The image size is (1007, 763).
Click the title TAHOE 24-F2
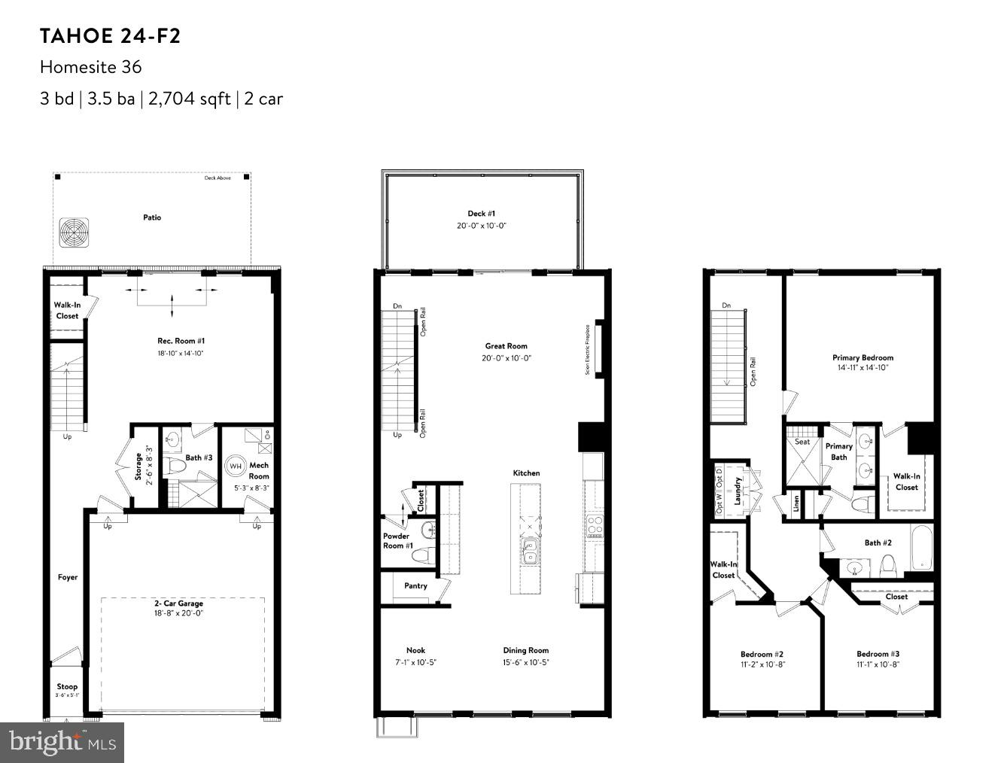(x=110, y=36)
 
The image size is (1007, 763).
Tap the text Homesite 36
(x=90, y=67)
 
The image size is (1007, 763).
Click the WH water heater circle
(x=236, y=466)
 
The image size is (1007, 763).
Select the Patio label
(x=152, y=217)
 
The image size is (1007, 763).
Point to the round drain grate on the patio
(x=75, y=232)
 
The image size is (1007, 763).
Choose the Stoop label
(x=67, y=686)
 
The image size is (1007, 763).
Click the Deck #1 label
(x=481, y=214)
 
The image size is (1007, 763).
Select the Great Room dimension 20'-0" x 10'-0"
(x=507, y=358)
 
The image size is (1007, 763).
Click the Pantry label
(x=415, y=585)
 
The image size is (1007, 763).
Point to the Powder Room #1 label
(x=397, y=541)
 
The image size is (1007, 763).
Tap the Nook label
(x=415, y=650)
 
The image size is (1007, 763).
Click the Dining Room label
(x=526, y=650)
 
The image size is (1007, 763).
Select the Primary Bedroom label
(x=862, y=357)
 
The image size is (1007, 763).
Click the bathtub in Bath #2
(x=921, y=549)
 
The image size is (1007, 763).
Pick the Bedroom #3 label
(x=878, y=654)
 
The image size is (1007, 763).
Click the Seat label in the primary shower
(x=802, y=442)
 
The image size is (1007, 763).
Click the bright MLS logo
(x=62, y=743)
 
